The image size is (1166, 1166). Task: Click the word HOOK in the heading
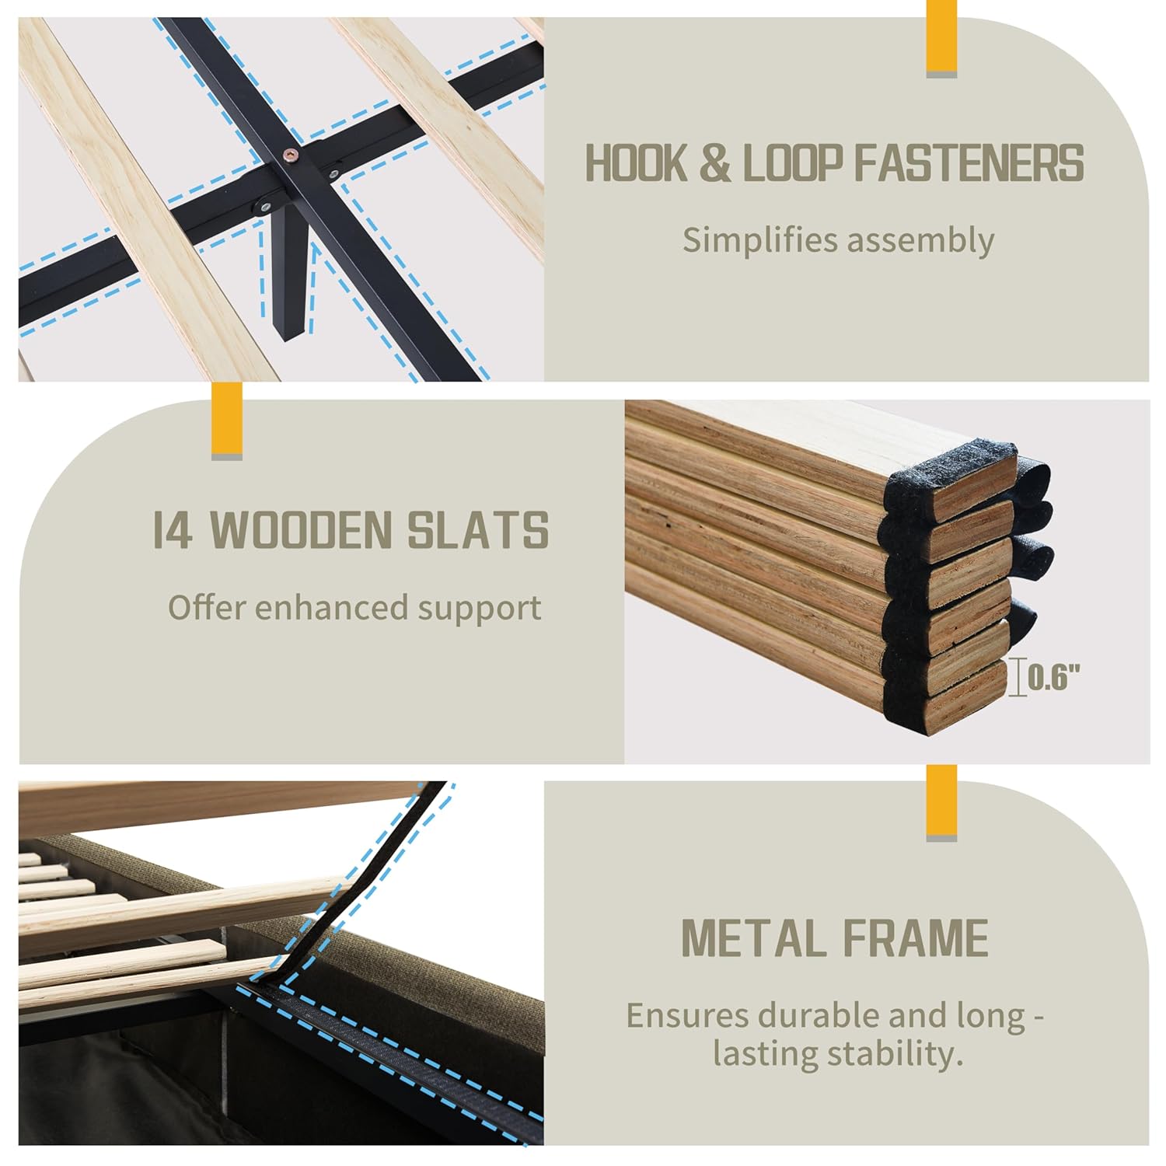click(x=635, y=163)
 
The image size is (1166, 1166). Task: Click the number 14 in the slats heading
click(x=173, y=530)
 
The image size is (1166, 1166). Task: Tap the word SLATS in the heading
click(x=479, y=530)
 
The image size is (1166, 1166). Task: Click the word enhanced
click(x=333, y=607)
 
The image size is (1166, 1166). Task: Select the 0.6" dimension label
click(x=1054, y=679)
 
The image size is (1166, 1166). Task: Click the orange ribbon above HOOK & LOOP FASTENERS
click(x=941, y=39)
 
